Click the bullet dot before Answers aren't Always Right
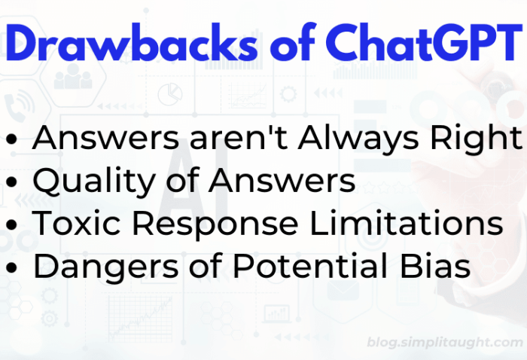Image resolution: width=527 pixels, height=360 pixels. (13, 140)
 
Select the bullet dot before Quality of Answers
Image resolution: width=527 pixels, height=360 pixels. (13, 183)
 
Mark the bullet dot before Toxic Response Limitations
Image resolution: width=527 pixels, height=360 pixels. (13, 226)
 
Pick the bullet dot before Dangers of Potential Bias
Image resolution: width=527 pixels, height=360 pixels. (13, 269)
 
